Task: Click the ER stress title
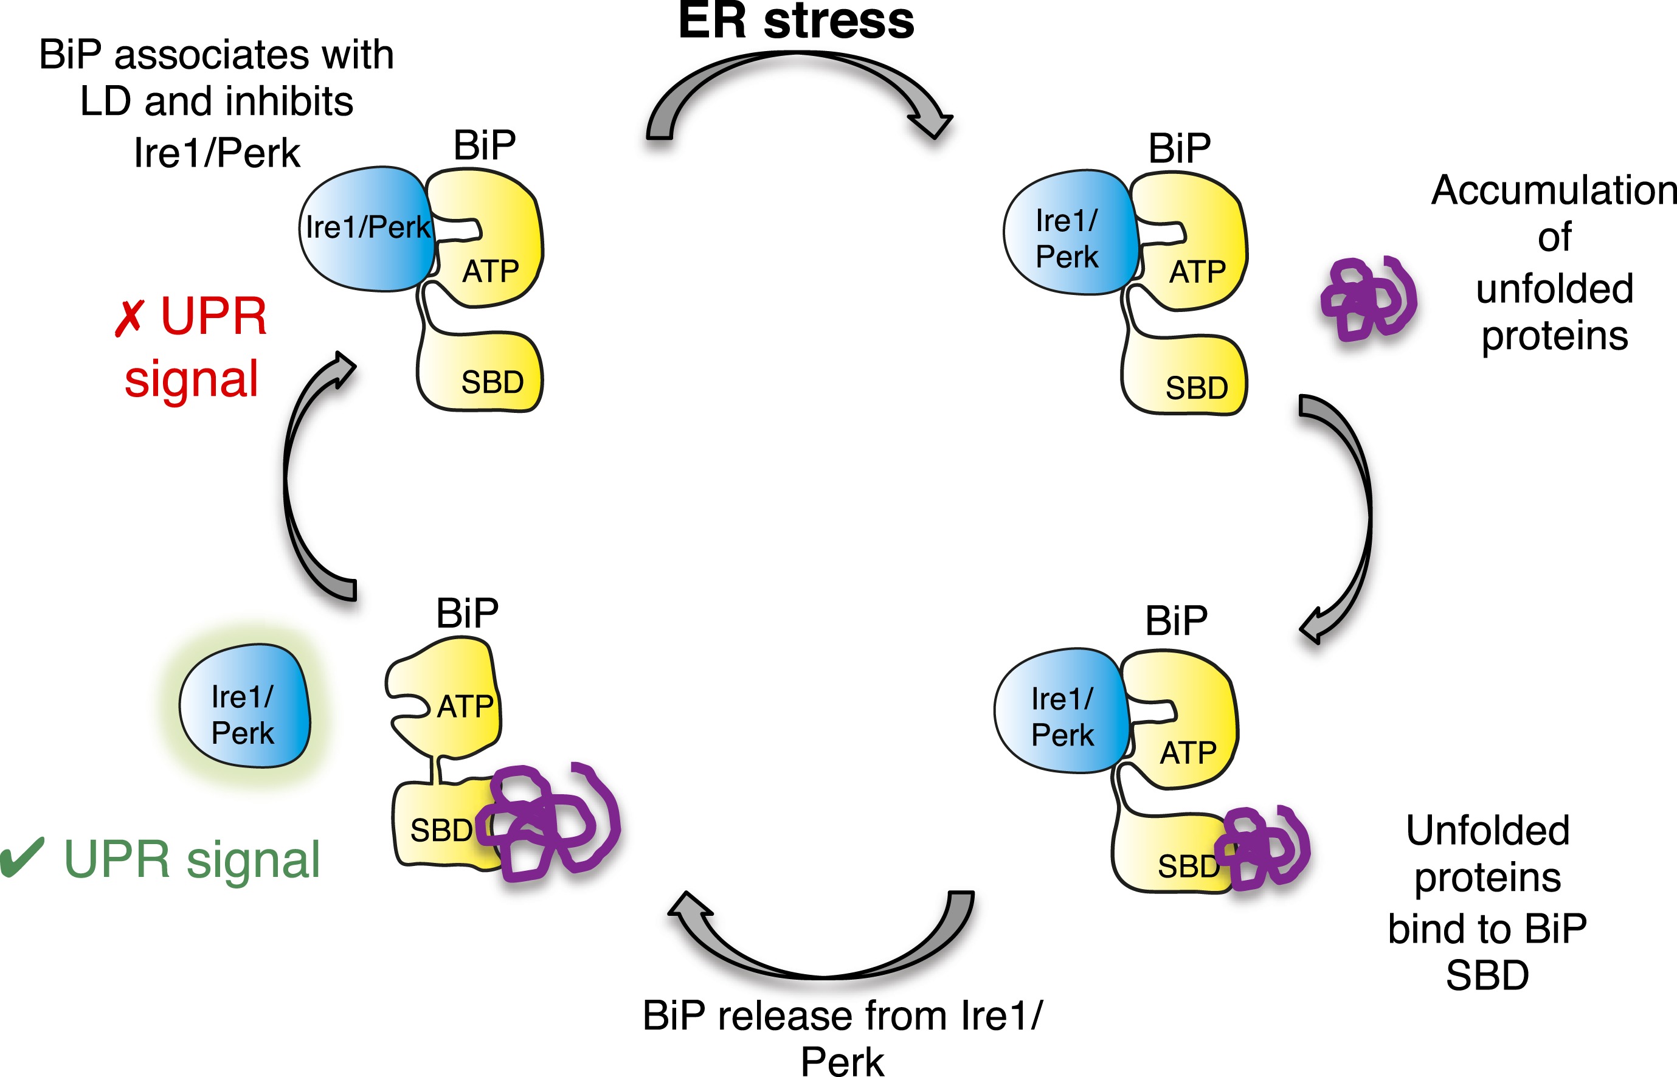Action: [x=796, y=21]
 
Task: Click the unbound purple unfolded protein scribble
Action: [x=1368, y=299]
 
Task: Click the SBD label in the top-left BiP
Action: [x=492, y=383]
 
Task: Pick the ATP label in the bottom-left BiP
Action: [x=466, y=707]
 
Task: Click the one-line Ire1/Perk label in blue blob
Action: [x=368, y=227]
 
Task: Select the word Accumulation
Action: [x=1554, y=190]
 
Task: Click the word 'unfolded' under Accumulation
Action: [x=1555, y=289]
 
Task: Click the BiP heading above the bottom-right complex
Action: [x=1176, y=620]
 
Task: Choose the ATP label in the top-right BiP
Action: [x=1197, y=272]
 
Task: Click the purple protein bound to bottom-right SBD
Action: [x=1262, y=848]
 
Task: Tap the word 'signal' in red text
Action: [x=192, y=379]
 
